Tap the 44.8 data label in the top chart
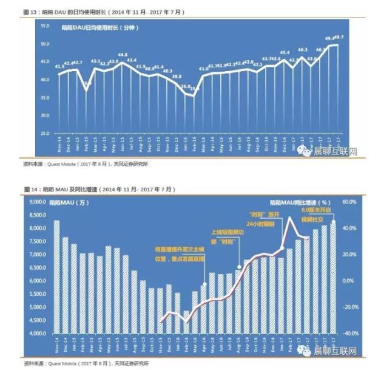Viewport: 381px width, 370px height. pyautogui.click(x=123, y=55)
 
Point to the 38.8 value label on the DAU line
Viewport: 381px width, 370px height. pyautogui.click(x=177, y=76)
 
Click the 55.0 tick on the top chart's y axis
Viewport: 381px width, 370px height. pyautogui.click(x=44, y=26)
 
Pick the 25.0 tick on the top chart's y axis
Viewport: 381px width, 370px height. pyautogui.click(x=44, y=132)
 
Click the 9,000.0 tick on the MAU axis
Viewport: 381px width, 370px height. pyautogui.click(x=38, y=202)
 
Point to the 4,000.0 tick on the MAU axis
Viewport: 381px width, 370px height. pyautogui.click(x=38, y=334)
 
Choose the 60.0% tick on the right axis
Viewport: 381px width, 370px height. pyautogui.click(x=350, y=202)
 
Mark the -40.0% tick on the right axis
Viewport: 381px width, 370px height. pyautogui.click(x=350, y=334)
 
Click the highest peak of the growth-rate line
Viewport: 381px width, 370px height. pyautogui.click(x=290, y=217)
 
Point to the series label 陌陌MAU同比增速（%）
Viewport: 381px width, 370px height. pyautogui.click(x=300, y=202)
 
